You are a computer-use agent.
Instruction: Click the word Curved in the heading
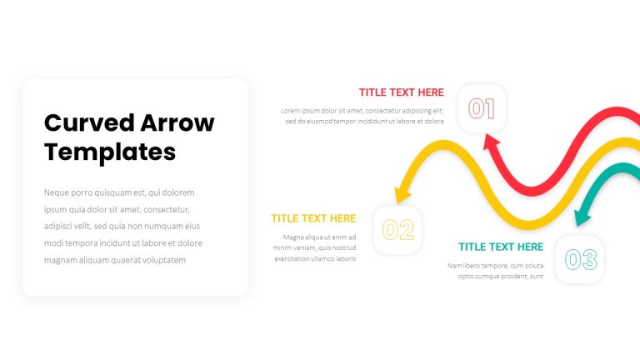[89, 122]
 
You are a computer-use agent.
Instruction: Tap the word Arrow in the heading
[177, 122]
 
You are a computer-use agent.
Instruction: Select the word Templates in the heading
[110, 152]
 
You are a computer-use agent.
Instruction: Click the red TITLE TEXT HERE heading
[401, 92]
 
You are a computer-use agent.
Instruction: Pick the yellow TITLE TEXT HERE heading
[313, 218]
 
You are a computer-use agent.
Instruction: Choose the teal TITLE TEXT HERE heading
[501, 247]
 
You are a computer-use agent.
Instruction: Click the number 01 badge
[482, 108]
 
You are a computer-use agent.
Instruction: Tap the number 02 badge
[397, 229]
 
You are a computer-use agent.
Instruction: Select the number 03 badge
[579, 259]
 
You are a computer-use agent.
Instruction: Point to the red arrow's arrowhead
[491, 142]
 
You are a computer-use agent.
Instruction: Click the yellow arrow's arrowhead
[402, 195]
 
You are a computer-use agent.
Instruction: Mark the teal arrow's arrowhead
[582, 217]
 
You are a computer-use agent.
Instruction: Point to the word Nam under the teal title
[454, 266]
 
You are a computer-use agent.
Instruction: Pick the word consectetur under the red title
[382, 111]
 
